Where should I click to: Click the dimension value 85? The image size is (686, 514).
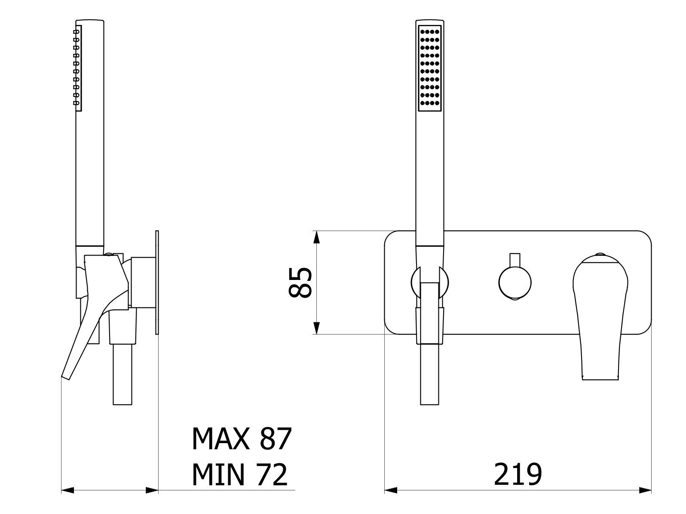point(300,283)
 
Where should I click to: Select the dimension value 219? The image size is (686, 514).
point(518,474)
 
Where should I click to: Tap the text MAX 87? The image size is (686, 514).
point(242,438)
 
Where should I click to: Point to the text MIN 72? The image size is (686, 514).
point(239,474)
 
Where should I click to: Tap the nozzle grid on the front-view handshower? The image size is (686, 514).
point(430,68)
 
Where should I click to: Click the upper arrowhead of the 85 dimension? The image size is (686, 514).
point(317,237)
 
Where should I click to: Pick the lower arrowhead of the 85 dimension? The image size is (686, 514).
point(317,328)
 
